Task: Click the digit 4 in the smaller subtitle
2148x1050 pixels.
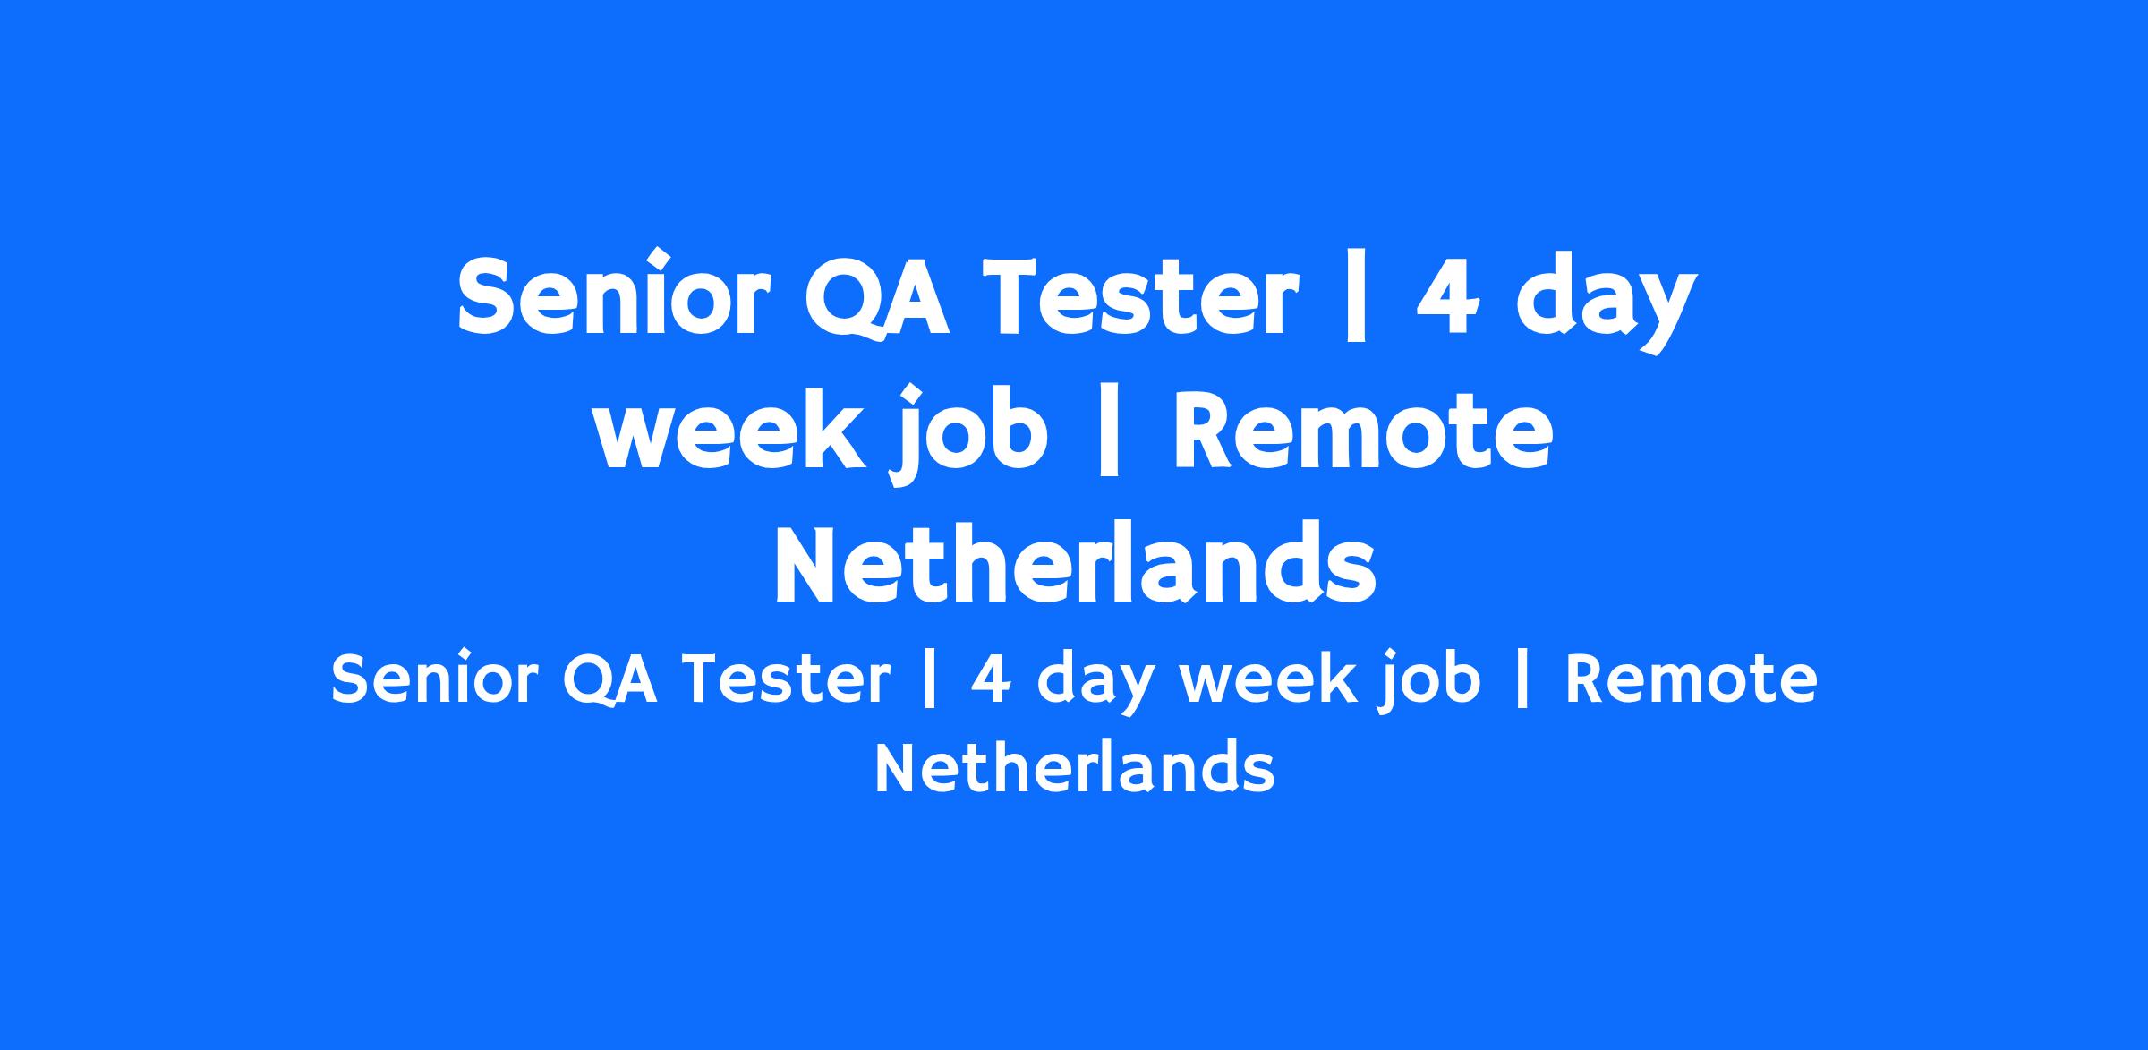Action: pos(991,679)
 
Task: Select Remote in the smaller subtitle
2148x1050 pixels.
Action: pos(1691,679)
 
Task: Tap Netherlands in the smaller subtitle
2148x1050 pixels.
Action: pos(1074,767)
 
